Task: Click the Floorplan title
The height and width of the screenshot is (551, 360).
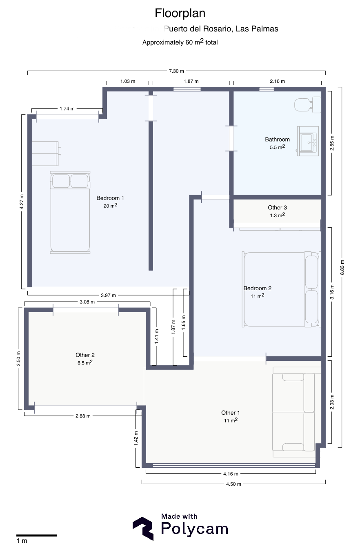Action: coord(180,13)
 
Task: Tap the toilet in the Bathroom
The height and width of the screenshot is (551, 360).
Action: coord(308,105)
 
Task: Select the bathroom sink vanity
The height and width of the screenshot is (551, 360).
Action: coord(308,141)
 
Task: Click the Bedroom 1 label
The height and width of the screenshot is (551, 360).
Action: coord(110,198)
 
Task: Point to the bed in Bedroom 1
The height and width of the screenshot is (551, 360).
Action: coord(70,212)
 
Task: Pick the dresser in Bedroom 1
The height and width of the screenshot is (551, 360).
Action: coord(46,153)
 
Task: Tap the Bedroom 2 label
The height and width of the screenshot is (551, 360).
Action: coord(258,288)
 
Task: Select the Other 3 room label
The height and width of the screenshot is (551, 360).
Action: coord(277,208)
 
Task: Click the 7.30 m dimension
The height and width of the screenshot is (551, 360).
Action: coord(176,71)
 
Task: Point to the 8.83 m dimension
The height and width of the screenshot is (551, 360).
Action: coord(342,267)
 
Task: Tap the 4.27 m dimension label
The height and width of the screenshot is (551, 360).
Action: coord(22,202)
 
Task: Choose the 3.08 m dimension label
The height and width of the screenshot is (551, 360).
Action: coord(87,302)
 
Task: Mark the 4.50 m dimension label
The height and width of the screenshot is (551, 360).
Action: coord(233,484)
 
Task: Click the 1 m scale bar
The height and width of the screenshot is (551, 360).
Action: coord(37,535)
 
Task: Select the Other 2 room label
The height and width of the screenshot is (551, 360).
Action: coord(85,355)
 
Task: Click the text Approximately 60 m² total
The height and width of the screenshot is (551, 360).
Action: coord(180,42)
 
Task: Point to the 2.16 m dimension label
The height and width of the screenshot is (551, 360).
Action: coord(277,81)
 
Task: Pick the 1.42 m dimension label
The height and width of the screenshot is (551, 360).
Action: coord(136,438)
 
